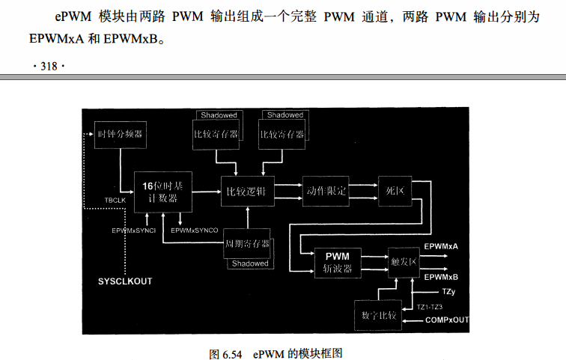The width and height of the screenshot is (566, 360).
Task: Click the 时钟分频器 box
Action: pos(120,135)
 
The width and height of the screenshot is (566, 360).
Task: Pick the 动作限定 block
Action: pos(326,191)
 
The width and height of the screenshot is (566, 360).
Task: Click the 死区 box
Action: pos(395,191)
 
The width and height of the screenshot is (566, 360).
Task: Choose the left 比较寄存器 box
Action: pos(216,134)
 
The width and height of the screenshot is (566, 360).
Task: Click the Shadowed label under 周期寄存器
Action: pos(249,263)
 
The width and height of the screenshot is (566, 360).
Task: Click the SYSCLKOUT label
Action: pos(125,281)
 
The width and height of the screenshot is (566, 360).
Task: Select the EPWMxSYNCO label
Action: pos(194,231)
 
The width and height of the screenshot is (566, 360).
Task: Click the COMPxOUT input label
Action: pos(447,320)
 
